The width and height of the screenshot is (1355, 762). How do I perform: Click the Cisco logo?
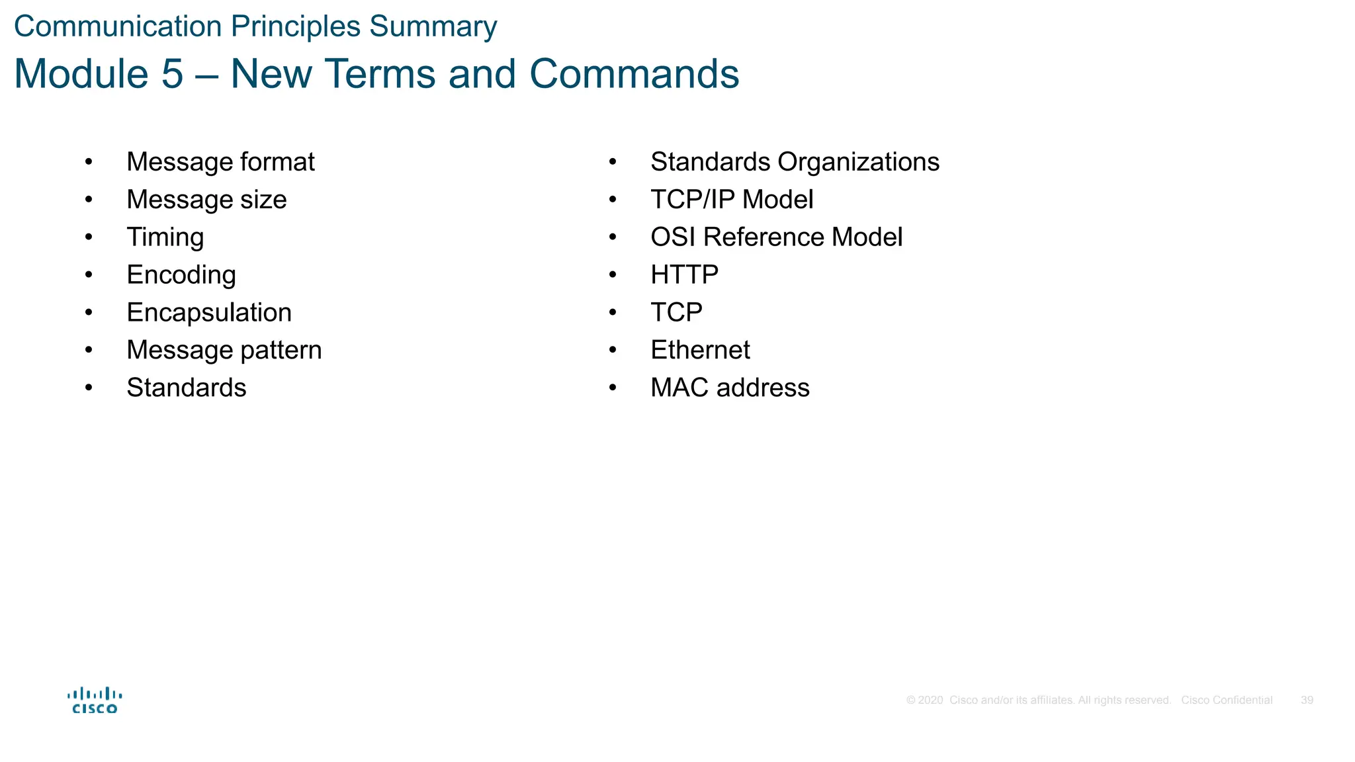pos(95,700)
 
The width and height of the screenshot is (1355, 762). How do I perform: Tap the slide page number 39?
pos(1307,700)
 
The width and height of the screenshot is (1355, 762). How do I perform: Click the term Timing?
pos(165,237)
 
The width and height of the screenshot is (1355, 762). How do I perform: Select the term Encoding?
pos(181,275)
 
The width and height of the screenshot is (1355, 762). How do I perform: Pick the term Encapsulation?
pos(208,313)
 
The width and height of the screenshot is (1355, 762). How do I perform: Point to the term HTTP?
pos(684,275)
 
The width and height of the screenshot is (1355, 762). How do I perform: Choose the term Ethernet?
pos(700,350)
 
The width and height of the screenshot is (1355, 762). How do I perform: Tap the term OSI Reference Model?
pos(776,237)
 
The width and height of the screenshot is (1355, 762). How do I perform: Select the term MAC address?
pos(730,388)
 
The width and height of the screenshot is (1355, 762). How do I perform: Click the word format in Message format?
pos(277,162)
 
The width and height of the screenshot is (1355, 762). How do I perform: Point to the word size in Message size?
pos(263,200)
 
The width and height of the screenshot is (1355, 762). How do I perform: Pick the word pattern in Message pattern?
pos(281,351)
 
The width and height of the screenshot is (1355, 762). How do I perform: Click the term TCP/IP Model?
pos(732,200)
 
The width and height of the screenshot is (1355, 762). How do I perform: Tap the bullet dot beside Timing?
pos(89,237)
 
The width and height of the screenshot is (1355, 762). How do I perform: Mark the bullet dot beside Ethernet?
pos(613,350)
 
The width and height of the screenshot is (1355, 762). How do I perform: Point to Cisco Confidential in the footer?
pos(1227,700)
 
